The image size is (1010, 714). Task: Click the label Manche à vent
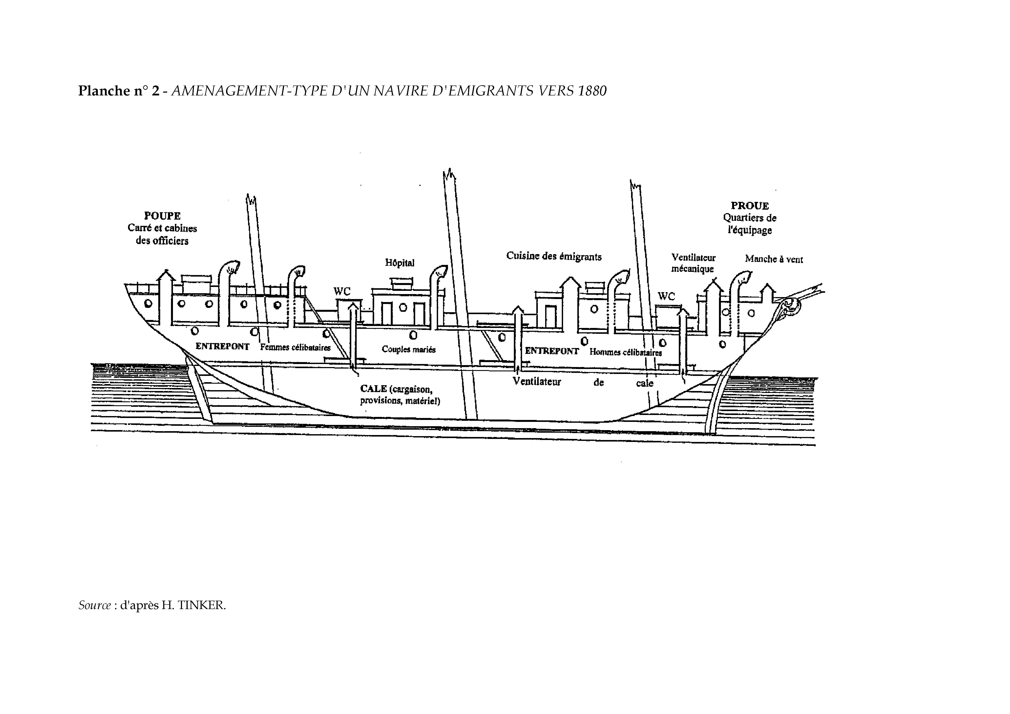click(x=774, y=259)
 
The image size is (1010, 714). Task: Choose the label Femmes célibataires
click(x=295, y=348)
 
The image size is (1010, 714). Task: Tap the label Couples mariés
click(x=409, y=349)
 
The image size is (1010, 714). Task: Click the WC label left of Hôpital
click(x=342, y=291)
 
